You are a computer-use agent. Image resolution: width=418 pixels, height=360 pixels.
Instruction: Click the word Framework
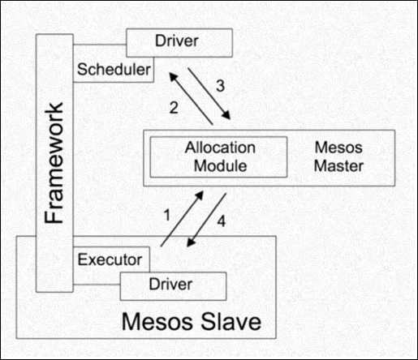[54, 163]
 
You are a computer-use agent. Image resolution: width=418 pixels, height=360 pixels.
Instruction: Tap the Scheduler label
[114, 70]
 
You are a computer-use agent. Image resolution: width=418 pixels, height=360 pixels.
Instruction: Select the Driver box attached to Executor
[173, 286]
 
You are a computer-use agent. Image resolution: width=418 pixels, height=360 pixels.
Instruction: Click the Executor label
[110, 259]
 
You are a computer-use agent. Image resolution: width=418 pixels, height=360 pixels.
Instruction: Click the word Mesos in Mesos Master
[338, 148]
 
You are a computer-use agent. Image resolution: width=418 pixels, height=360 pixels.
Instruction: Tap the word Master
[338, 165]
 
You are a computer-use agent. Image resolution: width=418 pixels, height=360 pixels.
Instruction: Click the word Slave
[231, 321]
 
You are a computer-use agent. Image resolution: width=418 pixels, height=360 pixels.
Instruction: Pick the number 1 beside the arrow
[167, 216]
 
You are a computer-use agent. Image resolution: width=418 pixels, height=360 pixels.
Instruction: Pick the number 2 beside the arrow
[174, 108]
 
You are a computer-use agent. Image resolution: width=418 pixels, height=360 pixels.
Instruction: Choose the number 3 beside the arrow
[221, 86]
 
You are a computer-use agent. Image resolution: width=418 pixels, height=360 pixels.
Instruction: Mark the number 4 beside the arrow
[222, 221]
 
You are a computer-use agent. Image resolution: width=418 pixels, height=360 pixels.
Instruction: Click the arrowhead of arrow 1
[200, 195]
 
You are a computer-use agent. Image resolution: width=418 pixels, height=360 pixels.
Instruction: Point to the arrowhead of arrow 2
[173, 76]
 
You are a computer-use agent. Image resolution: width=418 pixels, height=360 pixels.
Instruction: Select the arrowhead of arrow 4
[191, 242]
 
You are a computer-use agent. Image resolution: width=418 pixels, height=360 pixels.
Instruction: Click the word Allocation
[220, 148]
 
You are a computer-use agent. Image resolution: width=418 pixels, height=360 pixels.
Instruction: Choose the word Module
[221, 165]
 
